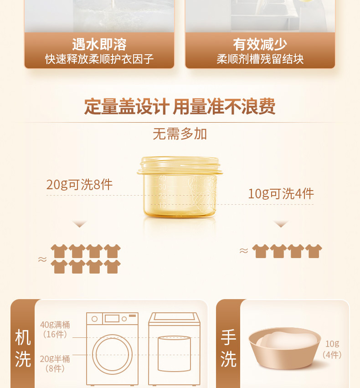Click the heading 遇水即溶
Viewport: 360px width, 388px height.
tap(99, 44)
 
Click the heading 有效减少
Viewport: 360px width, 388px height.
tap(260, 44)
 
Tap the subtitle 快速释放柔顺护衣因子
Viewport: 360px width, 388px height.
tap(99, 59)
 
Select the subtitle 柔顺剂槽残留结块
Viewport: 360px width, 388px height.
tap(260, 59)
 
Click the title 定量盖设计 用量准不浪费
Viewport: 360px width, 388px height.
tap(180, 106)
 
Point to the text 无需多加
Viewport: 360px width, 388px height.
tap(180, 134)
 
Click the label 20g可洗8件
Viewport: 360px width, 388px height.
tap(79, 185)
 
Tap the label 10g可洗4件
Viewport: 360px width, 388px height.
tap(281, 193)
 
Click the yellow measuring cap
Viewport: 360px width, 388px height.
tap(180, 187)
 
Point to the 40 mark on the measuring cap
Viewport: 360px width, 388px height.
tap(162, 178)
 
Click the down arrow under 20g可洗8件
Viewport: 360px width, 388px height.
tap(79, 224)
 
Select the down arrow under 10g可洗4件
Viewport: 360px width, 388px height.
tap(281, 224)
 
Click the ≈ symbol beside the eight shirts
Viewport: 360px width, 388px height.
tap(42, 259)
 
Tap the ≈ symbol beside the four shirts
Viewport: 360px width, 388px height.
tap(244, 251)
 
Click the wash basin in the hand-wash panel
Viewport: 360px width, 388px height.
tap(285, 348)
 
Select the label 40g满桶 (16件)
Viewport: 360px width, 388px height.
tap(55, 329)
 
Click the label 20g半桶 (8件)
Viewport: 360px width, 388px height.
tap(55, 363)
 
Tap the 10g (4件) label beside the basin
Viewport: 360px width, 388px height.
tap(332, 349)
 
